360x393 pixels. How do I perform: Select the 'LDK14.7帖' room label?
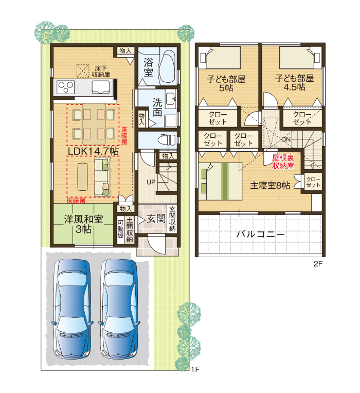(x=94, y=151)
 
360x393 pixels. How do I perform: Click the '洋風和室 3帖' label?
(x=83, y=224)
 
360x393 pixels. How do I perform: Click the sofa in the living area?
(x=102, y=176)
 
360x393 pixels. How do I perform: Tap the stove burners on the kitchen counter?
(x=65, y=87)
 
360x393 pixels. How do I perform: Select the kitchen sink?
(x=100, y=87)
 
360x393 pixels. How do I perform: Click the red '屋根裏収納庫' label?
(x=283, y=162)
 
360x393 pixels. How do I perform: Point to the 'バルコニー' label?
(x=260, y=235)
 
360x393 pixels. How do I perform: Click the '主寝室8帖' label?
(x=270, y=186)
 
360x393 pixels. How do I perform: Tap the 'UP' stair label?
(x=151, y=182)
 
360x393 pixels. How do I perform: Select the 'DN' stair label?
(x=286, y=139)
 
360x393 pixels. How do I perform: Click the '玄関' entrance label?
(x=156, y=219)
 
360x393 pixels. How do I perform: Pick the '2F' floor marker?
(x=318, y=264)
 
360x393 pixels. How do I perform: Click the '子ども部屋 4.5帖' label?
(x=294, y=83)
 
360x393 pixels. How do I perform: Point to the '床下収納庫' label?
(x=101, y=71)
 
